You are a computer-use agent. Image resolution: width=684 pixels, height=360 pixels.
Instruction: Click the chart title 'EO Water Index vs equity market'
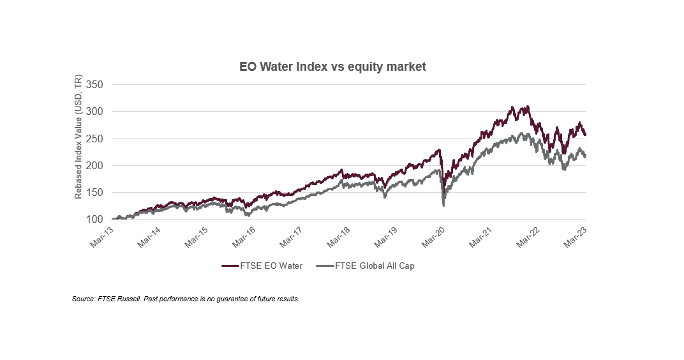332,66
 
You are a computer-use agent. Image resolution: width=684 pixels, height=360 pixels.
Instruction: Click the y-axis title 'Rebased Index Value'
78,137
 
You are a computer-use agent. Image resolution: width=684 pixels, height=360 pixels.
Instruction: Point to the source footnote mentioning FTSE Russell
186,299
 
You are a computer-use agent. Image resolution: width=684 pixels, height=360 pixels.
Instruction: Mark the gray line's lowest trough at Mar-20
443,206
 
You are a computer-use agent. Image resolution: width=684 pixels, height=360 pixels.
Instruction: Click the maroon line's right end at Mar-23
586,135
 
